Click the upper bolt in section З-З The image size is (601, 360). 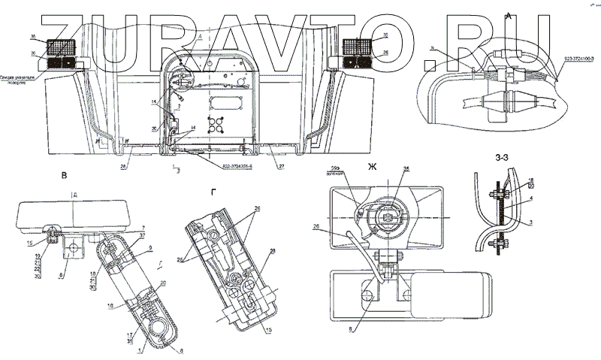[x=497, y=194]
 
